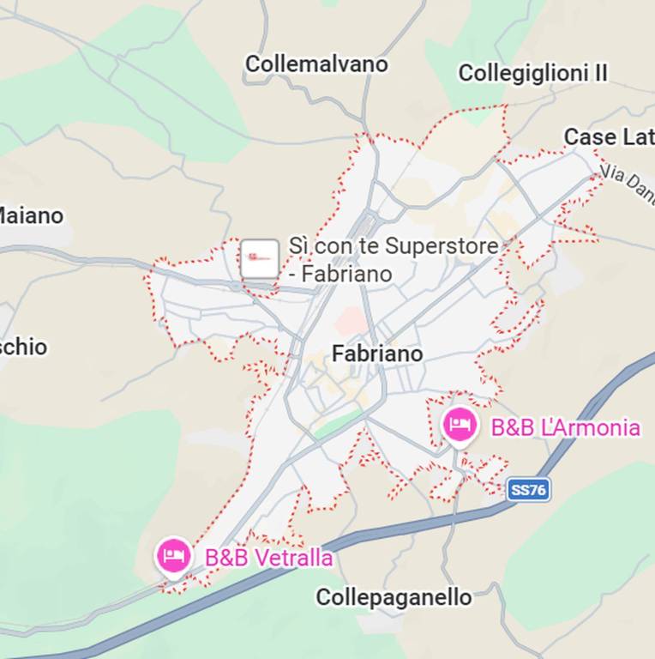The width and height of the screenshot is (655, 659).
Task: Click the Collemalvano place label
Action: (316, 64)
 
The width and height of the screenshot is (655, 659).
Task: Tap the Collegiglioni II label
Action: (532, 74)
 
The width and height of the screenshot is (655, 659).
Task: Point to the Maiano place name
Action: (31, 215)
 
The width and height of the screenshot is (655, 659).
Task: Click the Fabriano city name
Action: (377, 354)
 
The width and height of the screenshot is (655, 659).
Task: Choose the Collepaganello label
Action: (394, 597)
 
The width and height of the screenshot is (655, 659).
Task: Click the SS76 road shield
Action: (527, 490)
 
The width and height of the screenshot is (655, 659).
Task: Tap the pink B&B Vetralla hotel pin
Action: (174, 555)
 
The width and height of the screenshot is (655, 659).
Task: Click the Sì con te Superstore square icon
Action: (259, 258)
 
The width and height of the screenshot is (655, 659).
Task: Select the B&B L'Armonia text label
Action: (565, 427)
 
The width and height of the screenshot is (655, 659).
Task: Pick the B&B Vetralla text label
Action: (268, 558)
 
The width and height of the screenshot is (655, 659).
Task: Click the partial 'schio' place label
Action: (23, 348)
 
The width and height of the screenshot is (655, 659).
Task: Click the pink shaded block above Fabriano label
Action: (352, 322)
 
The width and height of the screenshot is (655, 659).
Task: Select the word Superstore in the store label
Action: (442, 246)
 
